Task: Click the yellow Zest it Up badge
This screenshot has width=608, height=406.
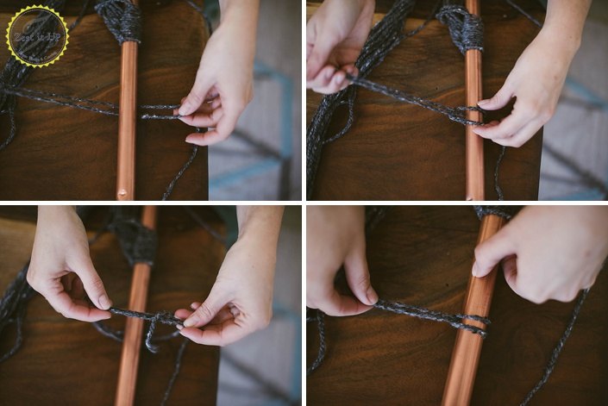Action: coord(36,36)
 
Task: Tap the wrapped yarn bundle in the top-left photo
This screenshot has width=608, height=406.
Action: coord(120,20)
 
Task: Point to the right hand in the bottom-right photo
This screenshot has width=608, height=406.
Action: coord(535,250)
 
